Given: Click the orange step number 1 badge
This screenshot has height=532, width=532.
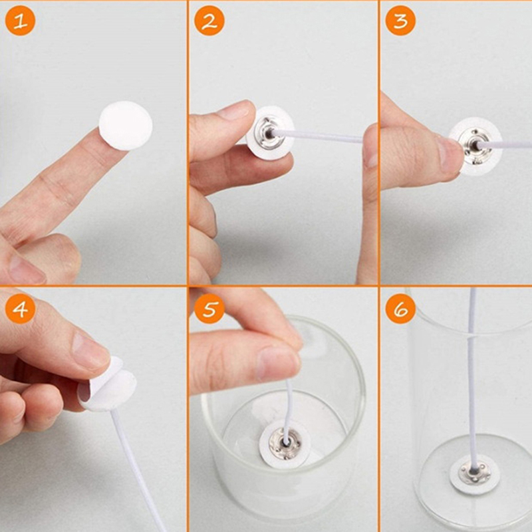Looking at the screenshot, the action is pos(21,21).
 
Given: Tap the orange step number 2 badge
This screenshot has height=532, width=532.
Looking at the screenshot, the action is pos(209,21).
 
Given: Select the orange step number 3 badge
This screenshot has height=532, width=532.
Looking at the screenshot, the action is pos(401,21).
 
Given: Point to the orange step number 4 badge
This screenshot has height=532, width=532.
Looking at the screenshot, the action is pos(21,309).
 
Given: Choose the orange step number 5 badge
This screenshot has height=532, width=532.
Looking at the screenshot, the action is pos(209,309).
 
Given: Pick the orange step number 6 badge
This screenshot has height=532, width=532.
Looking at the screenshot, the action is pos(401,309).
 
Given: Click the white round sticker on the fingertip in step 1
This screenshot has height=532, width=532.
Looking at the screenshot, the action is pos(126,126).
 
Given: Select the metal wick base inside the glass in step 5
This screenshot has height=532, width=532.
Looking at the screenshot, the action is pos(285,444).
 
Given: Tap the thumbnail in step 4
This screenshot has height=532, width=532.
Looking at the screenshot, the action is pos(90,351).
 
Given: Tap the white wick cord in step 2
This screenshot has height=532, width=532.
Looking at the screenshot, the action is pos(319,136).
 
